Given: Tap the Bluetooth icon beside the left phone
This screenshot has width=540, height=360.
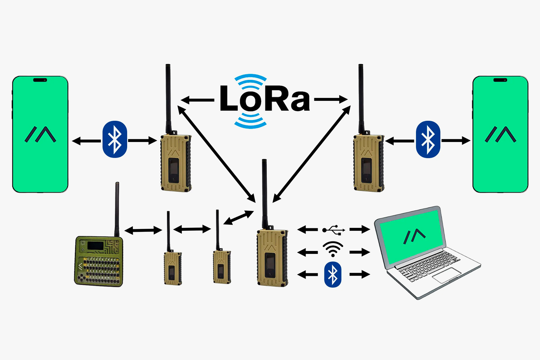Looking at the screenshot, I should coord(115,139).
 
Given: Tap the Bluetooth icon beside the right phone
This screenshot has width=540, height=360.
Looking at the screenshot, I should coord(428,139).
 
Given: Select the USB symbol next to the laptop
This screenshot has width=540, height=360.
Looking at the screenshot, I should coord(334,230).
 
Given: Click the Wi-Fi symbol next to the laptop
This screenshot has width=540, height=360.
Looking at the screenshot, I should coord(333,249).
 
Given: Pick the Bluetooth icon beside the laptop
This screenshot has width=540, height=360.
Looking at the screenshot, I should coord(333,274).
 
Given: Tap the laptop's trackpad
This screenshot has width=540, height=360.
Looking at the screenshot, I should coord(447,275).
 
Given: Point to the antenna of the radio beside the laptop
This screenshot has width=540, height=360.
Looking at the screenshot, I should coord(264,193).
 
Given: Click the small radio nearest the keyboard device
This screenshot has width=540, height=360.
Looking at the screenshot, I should coord(173,268).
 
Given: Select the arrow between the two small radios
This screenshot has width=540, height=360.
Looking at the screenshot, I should coord(192,229).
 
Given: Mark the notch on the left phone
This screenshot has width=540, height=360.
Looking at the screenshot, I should coord(40,80).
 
